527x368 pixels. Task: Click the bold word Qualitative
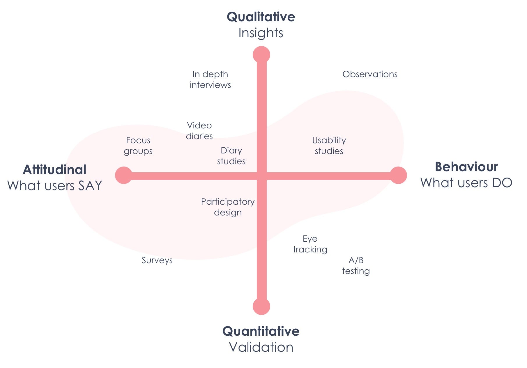(x=261, y=17)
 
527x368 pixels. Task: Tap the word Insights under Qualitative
(x=261, y=33)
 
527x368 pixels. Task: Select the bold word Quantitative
(x=261, y=331)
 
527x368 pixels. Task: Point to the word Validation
(x=261, y=347)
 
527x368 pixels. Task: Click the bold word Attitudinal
(x=55, y=170)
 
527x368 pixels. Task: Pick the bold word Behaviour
(x=466, y=167)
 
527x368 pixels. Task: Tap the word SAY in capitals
(x=90, y=186)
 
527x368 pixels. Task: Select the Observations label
(x=370, y=74)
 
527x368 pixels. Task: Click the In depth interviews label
(x=210, y=79)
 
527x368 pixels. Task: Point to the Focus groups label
(x=138, y=146)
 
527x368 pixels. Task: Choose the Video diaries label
(x=199, y=131)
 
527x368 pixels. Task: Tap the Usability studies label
(x=329, y=146)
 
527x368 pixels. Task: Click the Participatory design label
(x=228, y=207)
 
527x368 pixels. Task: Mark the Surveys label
(x=157, y=260)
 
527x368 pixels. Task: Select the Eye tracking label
(x=310, y=244)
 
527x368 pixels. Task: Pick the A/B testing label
(x=356, y=266)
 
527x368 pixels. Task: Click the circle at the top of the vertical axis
(x=261, y=55)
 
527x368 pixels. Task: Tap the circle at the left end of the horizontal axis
(x=124, y=175)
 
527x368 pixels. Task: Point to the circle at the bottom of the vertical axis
(x=261, y=306)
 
